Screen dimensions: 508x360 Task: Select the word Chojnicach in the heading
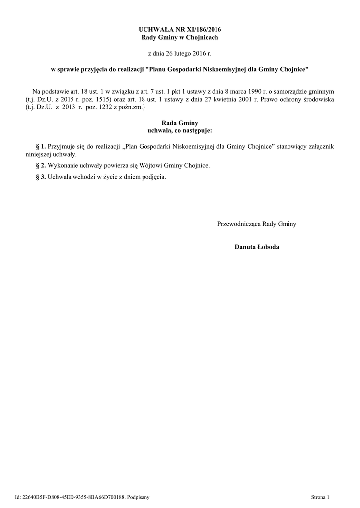pos(202,37)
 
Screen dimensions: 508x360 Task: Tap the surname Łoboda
pos(268,247)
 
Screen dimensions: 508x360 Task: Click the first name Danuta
pos(245,247)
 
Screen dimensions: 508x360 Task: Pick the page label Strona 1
pos(321,496)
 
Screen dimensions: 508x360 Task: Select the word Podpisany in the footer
pos(138,496)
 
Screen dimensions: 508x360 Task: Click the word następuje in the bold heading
pos(196,130)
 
